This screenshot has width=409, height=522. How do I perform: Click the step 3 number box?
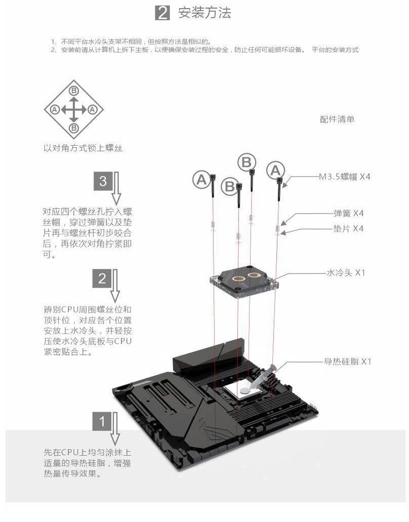tap(103, 181)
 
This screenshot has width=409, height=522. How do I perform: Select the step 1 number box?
tap(103, 421)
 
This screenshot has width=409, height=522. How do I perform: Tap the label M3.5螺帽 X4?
tap(345, 177)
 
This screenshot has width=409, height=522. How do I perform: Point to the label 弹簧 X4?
tap(348, 213)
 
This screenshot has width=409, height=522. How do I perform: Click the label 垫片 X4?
tap(348, 229)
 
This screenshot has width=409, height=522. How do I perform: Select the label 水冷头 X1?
tap(346, 273)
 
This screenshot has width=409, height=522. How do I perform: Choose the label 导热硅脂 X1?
tap(348, 362)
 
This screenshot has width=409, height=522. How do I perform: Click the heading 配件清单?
tap(337, 119)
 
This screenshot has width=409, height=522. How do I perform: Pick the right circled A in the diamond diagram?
tap(92, 109)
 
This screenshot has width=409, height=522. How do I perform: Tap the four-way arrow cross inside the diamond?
tap(74, 109)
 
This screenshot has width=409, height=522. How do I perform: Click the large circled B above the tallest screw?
tap(247, 162)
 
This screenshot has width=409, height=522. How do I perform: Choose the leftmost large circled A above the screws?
tap(201, 179)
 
